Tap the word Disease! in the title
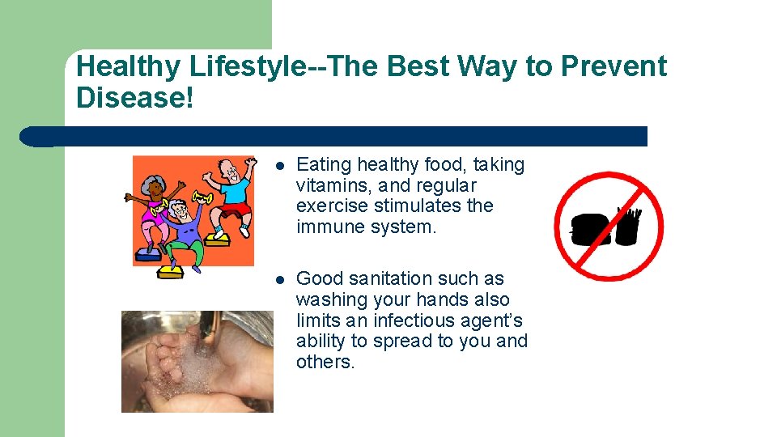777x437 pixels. pos(134,97)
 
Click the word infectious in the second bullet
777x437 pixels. pos(416,320)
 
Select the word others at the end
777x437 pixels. pos(325,363)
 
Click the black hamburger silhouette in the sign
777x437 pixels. pos(591,229)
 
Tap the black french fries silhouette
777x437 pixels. pos(627,226)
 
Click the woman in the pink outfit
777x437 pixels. pos(154,207)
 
